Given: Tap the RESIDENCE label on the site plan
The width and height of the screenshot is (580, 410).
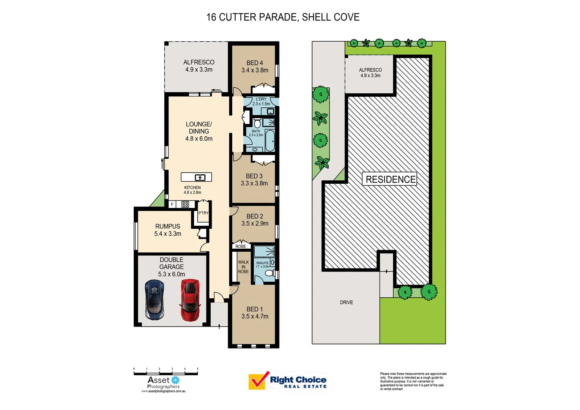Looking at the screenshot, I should click(x=390, y=179).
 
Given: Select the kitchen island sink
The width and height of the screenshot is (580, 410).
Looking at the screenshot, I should click(x=200, y=177).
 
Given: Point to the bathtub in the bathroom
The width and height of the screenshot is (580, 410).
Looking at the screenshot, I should click(x=270, y=140).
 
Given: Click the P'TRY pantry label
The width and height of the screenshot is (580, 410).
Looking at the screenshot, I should click(x=203, y=213).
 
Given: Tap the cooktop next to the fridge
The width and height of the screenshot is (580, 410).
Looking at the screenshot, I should click(x=185, y=204).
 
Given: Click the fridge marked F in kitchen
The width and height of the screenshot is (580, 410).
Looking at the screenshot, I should click(x=172, y=204).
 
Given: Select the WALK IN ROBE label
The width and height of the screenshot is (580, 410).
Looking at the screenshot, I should click(x=243, y=267).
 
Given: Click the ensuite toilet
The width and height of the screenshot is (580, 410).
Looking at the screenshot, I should click(x=269, y=273).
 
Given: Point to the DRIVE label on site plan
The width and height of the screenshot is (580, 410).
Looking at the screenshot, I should click(x=346, y=303).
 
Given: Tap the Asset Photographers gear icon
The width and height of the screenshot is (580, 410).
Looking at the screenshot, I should click(x=175, y=380).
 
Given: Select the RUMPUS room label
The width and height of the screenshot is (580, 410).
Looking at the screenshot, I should click(x=167, y=226).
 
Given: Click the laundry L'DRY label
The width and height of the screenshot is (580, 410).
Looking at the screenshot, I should click(x=261, y=99).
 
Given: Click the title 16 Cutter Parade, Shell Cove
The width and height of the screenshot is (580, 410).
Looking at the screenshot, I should click(x=283, y=17).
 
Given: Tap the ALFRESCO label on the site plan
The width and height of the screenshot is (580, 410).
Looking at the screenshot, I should click(x=370, y=70).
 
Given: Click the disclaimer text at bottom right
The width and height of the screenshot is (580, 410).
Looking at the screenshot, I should click(x=413, y=381).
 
